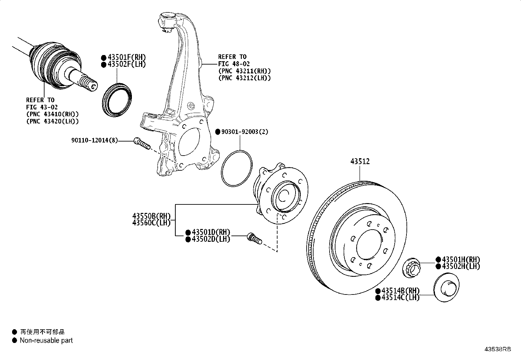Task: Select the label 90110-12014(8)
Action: point(94,141)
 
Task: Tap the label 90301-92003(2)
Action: point(244,132)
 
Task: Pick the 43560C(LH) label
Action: point(152,223)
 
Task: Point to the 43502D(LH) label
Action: point(211,239)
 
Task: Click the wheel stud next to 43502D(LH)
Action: point(254,238)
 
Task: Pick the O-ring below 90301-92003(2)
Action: point(237,168)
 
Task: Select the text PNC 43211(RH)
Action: point(244,71)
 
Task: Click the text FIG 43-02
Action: point(42,107)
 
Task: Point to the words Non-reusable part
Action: point(46,340)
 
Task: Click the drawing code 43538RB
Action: point(497,349)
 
